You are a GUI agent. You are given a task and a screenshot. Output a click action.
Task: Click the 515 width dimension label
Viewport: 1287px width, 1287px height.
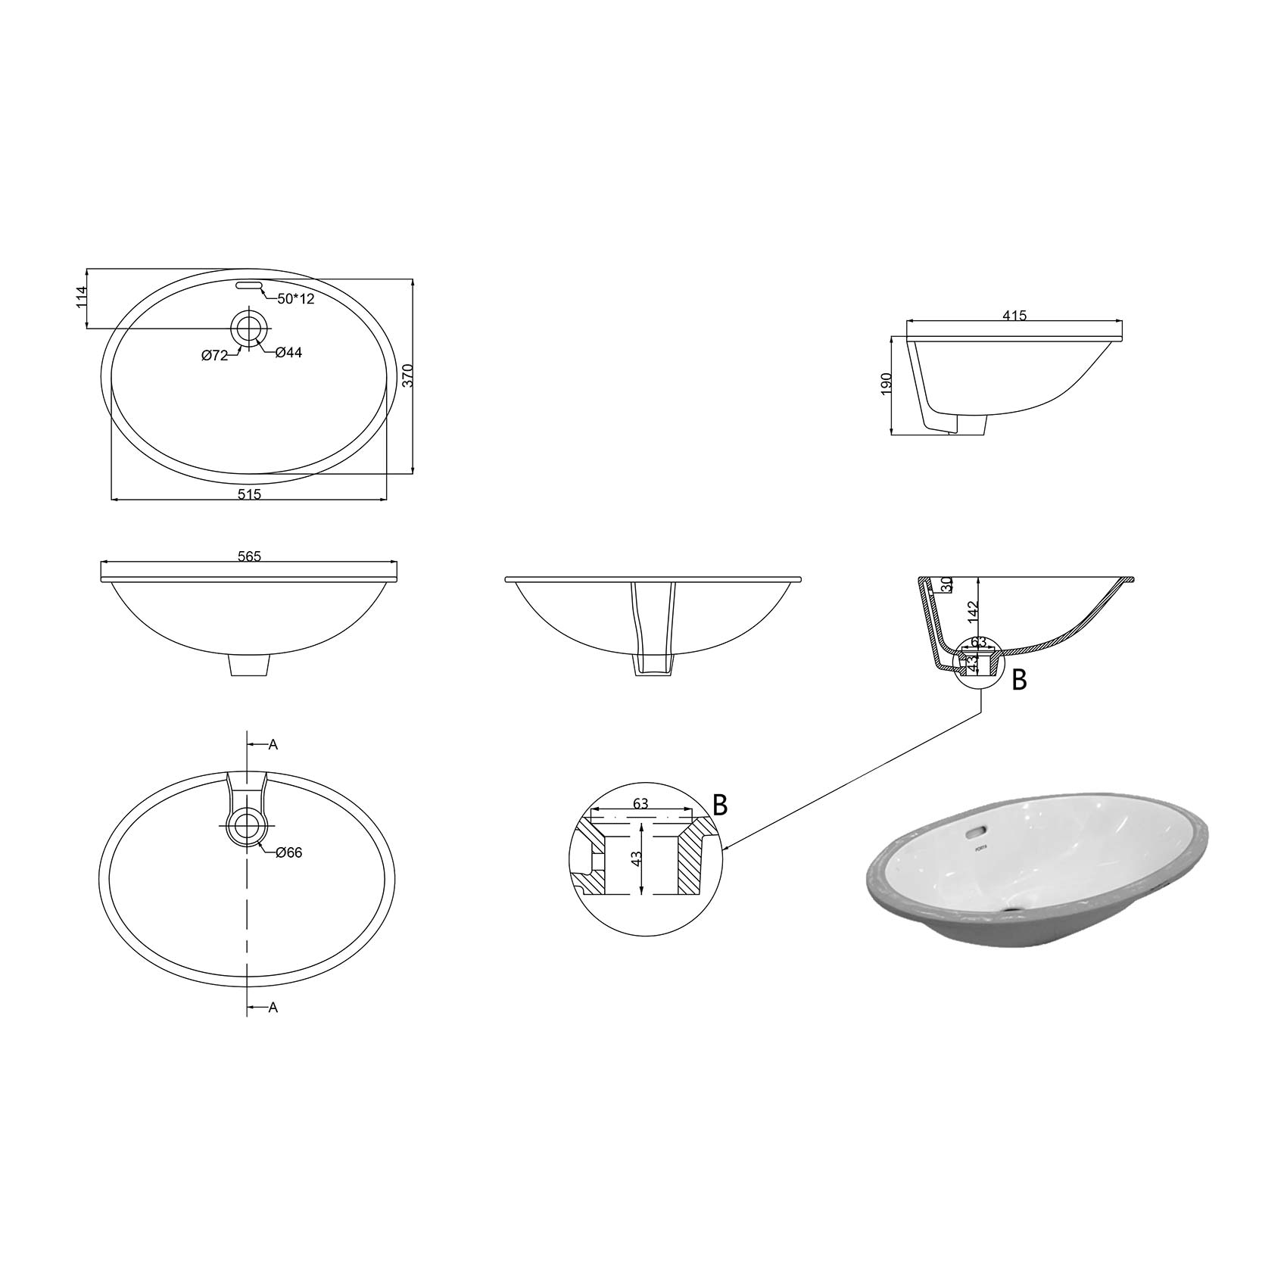[249, 494]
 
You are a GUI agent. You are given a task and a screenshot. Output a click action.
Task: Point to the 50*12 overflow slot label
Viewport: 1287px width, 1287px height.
[295, 299]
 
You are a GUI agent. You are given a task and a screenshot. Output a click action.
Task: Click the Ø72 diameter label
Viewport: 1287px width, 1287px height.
[215, 356]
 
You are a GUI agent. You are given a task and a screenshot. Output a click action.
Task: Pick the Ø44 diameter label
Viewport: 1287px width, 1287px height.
[288, 352]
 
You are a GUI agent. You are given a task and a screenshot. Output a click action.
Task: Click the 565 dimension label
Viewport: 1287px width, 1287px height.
[249, 556]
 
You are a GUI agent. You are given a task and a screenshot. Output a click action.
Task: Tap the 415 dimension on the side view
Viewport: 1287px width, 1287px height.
[1014, 316]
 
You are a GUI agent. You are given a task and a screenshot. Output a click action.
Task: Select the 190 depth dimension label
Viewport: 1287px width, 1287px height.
[887, 382]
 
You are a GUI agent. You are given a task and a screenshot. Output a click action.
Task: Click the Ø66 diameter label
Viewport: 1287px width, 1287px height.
[289, 852]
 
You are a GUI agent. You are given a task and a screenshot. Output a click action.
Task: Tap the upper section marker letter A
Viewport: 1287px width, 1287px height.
[273, 745]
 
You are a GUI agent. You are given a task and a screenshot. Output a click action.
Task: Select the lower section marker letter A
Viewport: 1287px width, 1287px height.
[273, 1008]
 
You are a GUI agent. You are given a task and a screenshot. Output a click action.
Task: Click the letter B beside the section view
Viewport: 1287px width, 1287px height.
[1019, 681]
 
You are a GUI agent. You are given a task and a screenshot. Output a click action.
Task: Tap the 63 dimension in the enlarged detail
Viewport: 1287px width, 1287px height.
[640, 804]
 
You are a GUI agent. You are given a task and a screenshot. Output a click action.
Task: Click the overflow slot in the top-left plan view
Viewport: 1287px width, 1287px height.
[249, 285]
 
